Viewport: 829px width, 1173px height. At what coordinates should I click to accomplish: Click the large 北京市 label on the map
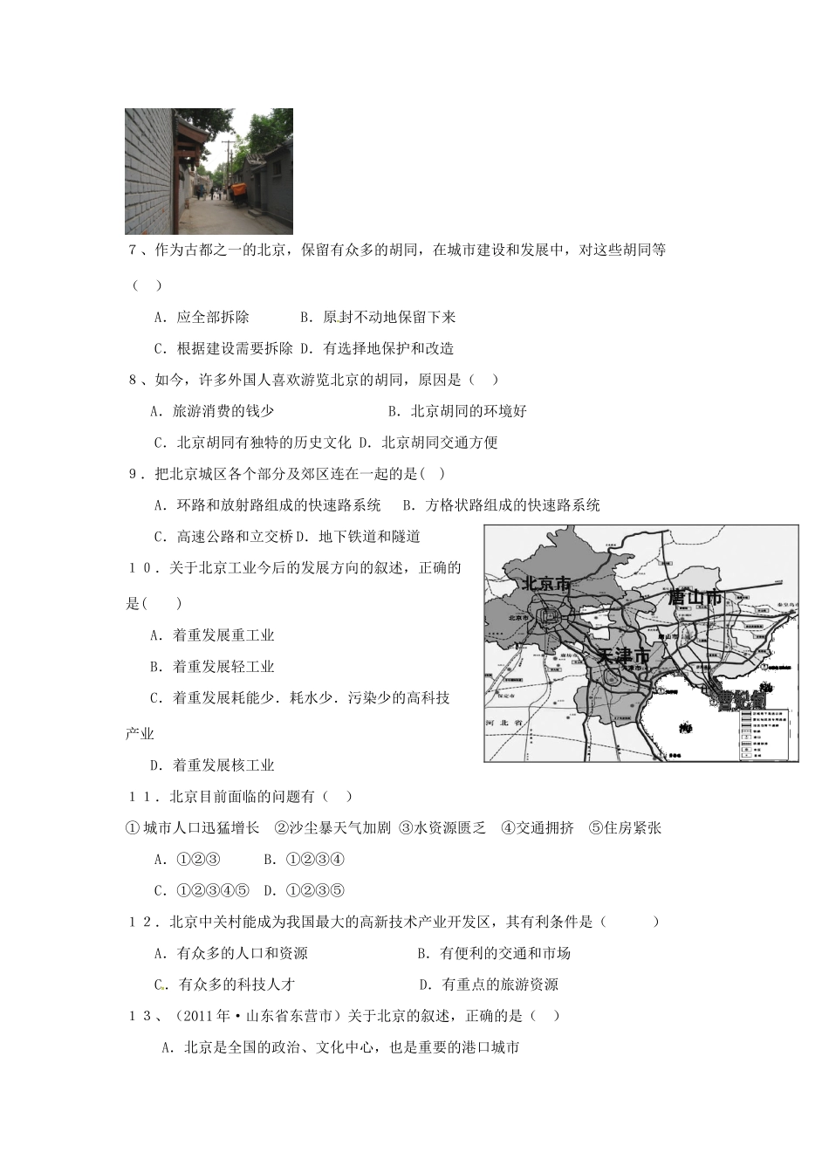click(545, 583)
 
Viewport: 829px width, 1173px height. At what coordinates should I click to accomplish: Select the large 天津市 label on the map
click(621, 655)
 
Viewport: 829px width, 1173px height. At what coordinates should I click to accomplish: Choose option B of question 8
click(457, 411)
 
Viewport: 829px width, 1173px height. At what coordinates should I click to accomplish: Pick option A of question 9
click(267, 505)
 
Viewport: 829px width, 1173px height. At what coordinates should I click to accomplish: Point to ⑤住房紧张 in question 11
click(625, 828)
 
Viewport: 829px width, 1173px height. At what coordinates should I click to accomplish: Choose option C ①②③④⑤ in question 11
click(202, 891)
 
